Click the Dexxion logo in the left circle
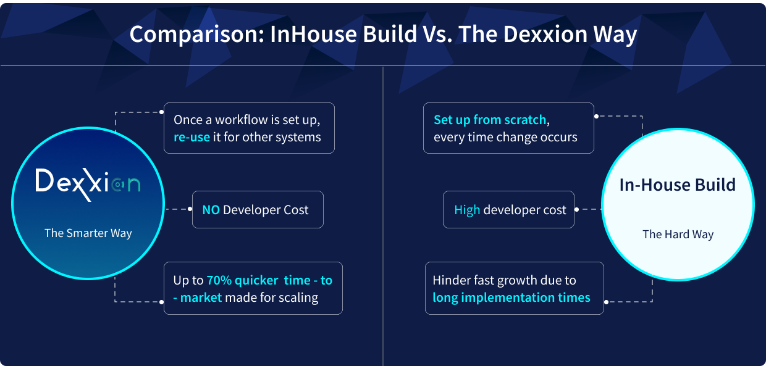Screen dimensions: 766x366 coord(88,185)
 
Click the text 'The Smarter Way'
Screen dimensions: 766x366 coord(88,233)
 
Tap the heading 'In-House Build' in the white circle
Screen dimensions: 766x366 coord(678,185)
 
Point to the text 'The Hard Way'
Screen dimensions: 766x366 coord(678,234)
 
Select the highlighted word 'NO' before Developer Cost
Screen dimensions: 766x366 coord(211,210)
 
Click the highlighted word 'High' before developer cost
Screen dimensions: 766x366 coord(467,210)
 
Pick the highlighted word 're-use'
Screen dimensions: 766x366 coord(192,137)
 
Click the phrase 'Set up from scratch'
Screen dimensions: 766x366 coord(490,120)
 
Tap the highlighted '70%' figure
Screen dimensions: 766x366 coord(219,280)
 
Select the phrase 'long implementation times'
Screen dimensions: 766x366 coord(511,297)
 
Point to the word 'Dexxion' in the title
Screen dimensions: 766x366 coord(545,34)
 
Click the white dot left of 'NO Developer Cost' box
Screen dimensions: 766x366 coord(190,209)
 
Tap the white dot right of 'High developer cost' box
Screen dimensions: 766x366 coord(576,209)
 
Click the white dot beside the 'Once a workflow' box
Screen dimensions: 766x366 coord(161,112)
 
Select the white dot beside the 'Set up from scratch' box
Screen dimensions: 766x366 coord(596,116)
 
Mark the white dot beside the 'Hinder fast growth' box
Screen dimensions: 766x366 coord(606,302)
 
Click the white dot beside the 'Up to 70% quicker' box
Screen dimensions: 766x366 coord(161,302)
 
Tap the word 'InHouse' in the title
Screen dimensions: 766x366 coord(314,34)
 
